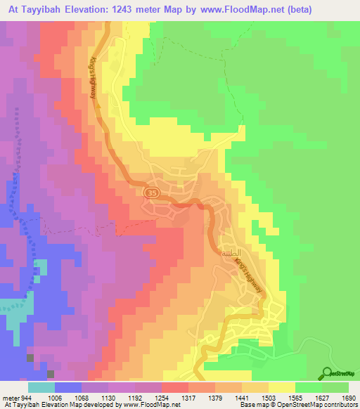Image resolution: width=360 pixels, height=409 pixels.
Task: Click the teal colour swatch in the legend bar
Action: pos(41,387)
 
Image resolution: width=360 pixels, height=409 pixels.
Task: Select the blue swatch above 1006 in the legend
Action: pos(68,387)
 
